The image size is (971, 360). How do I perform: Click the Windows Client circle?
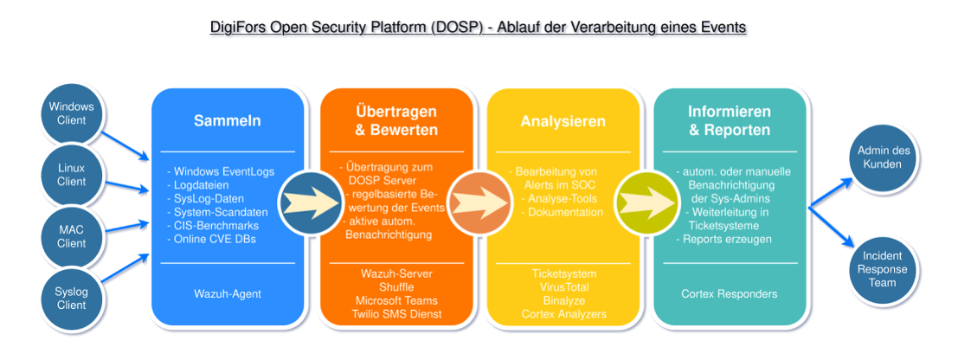(x=71, y=113)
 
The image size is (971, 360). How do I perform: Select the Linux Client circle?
(x=71, y=175)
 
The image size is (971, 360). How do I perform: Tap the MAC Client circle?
(x=71, y=235)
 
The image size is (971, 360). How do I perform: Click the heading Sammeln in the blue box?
(x=227, y=121)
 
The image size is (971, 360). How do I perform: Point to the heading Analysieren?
(x=563, y=121)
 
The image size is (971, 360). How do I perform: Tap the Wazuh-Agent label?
(x=227, y=293)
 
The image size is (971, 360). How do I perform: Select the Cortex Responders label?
(x=729, y=293)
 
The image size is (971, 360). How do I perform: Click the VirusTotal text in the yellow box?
(x=563, y=287)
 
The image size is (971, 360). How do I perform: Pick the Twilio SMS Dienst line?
(x=395, y=314)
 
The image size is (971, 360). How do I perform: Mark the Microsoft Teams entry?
(x=395, y=300)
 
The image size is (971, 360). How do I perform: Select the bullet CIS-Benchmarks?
(x=215, y=226)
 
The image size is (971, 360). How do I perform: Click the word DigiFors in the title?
(x=237, y=27)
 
